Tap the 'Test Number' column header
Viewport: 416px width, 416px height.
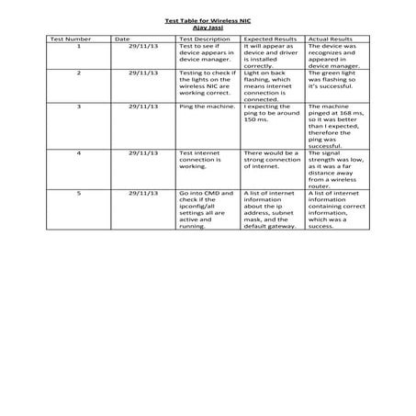70,39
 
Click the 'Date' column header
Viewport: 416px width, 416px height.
124,39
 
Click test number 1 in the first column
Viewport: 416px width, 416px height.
78,46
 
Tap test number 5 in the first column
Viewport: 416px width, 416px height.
78,194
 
